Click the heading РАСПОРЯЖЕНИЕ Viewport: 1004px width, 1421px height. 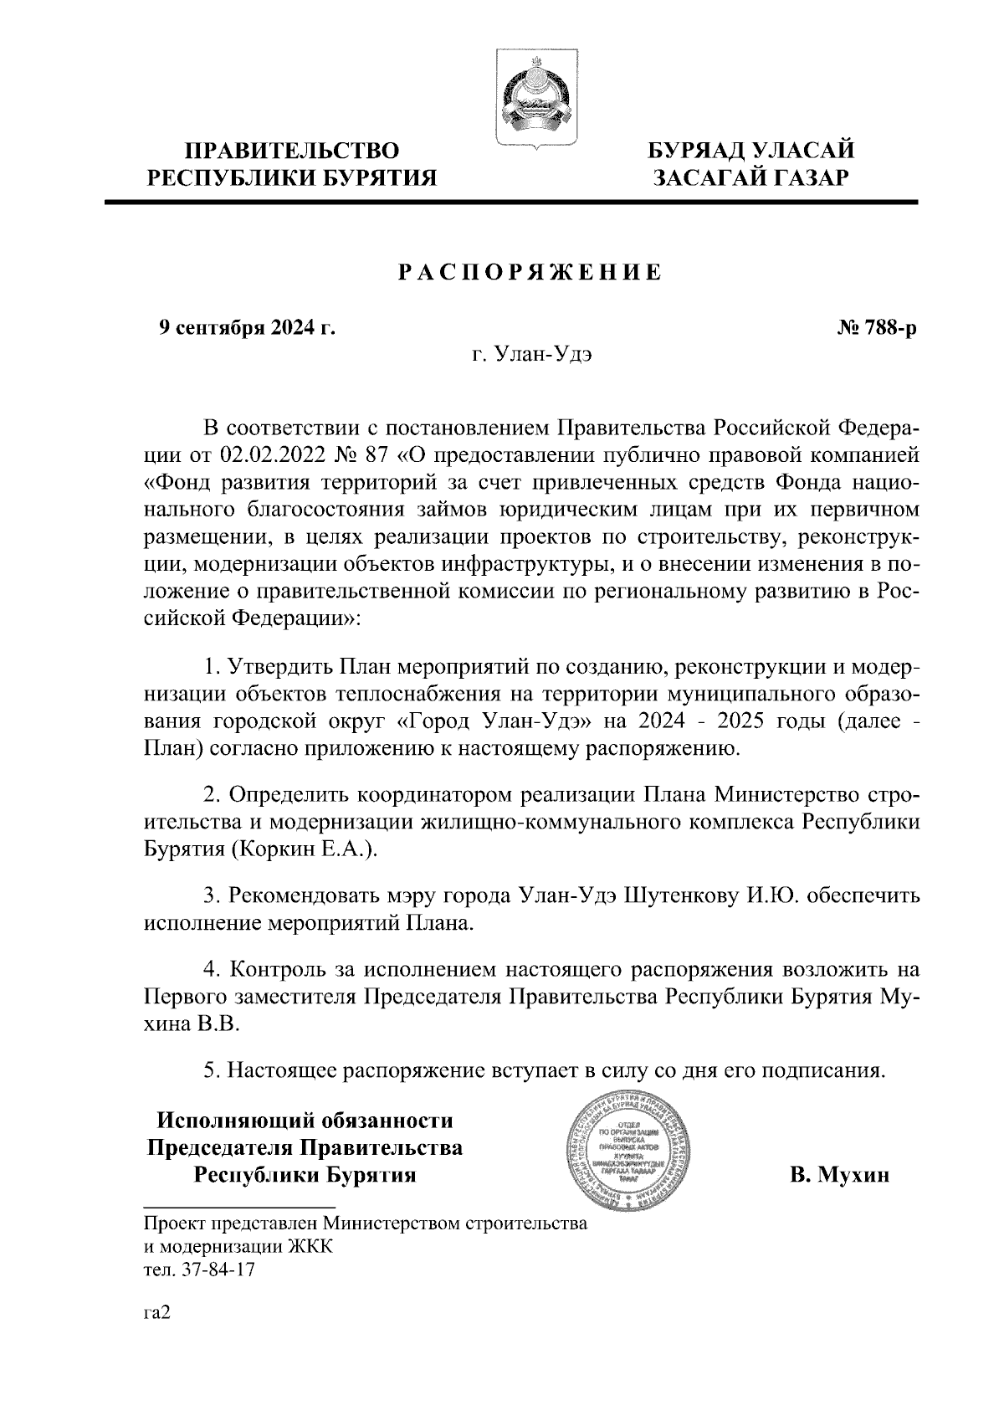[x=529, y=272]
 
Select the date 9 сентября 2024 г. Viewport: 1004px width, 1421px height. [x=248, y=327]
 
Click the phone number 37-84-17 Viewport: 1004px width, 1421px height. [x=222, y=1270]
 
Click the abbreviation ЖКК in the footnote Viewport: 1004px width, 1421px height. [x=310, y=1247]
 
